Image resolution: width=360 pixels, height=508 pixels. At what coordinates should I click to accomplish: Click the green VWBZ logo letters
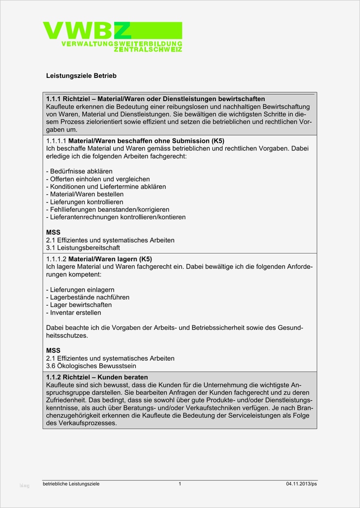(87, 30)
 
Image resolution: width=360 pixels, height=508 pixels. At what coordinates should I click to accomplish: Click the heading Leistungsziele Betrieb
(81, 76)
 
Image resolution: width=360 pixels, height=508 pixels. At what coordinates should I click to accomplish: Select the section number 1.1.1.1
(56, 140)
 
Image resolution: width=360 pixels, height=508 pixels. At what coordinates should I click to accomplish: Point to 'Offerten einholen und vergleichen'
(98, 179)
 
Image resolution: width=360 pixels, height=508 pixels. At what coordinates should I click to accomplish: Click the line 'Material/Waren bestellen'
(85, 194)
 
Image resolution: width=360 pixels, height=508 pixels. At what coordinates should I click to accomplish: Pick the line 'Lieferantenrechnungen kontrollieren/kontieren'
(116, 217)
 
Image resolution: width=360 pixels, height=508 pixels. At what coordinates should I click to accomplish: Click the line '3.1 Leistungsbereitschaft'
(83, 248)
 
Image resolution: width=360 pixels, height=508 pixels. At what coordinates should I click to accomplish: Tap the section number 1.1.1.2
(56, 259)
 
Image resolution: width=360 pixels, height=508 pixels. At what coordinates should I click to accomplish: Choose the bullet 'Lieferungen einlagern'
(80, 290)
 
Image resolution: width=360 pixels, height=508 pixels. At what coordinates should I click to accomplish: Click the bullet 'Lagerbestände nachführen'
(88, 297)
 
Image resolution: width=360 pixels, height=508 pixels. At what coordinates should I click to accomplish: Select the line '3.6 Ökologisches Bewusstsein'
(91, 366)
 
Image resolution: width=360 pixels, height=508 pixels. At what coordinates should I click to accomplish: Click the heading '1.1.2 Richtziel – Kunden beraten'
(97, 377)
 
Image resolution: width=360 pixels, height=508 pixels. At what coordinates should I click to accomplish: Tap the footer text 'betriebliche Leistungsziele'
(71, 484)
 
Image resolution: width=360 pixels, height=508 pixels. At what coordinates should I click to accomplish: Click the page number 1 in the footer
(180, 484)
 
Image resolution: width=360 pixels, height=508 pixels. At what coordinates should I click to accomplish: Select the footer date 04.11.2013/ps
(301, 484)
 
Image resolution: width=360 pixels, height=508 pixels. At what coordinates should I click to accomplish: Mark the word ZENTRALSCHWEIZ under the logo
(148, 50)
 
